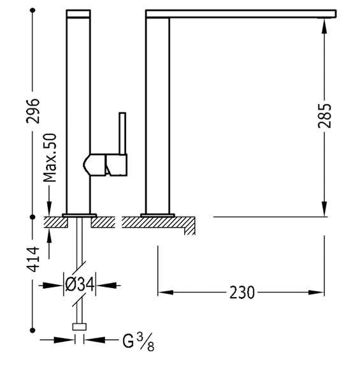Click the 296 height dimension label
pyautogui.click(x=33, y=111)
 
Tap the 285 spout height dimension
pyautogui.click(x=324, y=115)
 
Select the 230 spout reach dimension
pyautogui.click(x=241, y=293)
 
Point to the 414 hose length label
pyautogui.click(x=33, y=259)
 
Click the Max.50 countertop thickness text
pyautogui.click(x=50, y=158)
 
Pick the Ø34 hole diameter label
pyautogui.click(x=80, y=285)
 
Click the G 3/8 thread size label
pyautogui.click(x=138, y=342)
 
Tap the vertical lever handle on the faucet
pyautogui.click(x=122, y=133)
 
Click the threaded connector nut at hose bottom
pyautogui.click(x=79, y=326)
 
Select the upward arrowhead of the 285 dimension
pyautogui.click(x=324, y=27)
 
